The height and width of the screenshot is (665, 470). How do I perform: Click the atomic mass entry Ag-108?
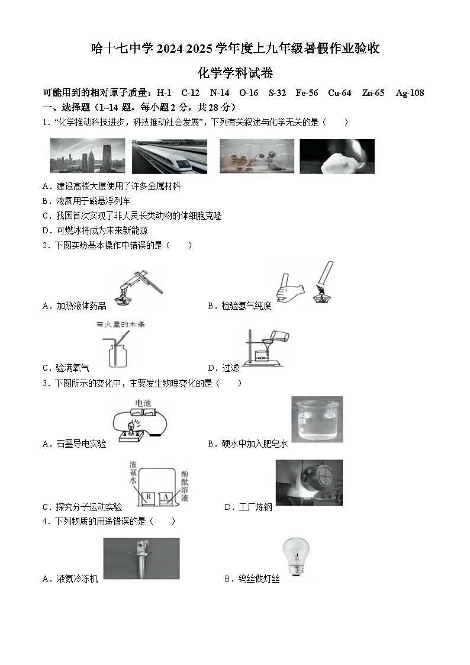point(410,93)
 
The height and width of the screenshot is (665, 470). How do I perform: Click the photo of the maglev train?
point(169,156)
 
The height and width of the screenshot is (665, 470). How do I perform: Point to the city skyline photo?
point(87,156)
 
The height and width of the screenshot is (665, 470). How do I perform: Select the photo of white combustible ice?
point(337,156)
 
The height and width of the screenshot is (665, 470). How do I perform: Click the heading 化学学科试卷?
point(235,73)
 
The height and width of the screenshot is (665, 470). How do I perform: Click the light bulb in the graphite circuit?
point(132,426)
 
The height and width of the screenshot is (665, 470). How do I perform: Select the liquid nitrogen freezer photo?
point(141,559)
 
